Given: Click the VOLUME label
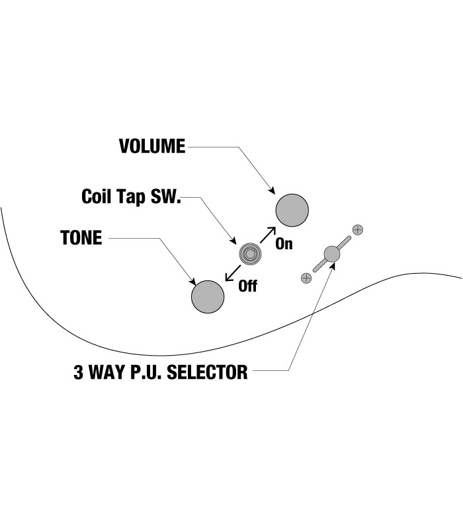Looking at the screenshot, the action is coord(152,146).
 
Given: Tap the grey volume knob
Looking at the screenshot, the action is coord(292,210).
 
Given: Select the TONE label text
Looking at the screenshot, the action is coord(81,237).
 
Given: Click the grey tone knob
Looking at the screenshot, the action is coord(208,297).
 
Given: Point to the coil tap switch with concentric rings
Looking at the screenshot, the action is coord(250,254).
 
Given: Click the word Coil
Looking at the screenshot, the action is coord(96,196).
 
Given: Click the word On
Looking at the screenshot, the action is coord(284,243).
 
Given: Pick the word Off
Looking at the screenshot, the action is coord(247,286).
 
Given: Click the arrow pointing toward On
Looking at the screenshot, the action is coord(268,235).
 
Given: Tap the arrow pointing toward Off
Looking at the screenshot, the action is coord(233,273).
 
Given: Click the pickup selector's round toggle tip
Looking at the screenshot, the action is coord(332,254).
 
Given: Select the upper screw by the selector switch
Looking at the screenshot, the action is coord(358,229).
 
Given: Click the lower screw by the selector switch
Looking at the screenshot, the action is coord(306,278).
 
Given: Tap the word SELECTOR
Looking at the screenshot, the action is coord(207,372).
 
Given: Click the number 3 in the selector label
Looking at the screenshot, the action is coord(78,372).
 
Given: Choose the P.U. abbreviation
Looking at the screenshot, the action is coord(146,372).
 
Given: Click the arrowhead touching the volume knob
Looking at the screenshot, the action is coord(273,191).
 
